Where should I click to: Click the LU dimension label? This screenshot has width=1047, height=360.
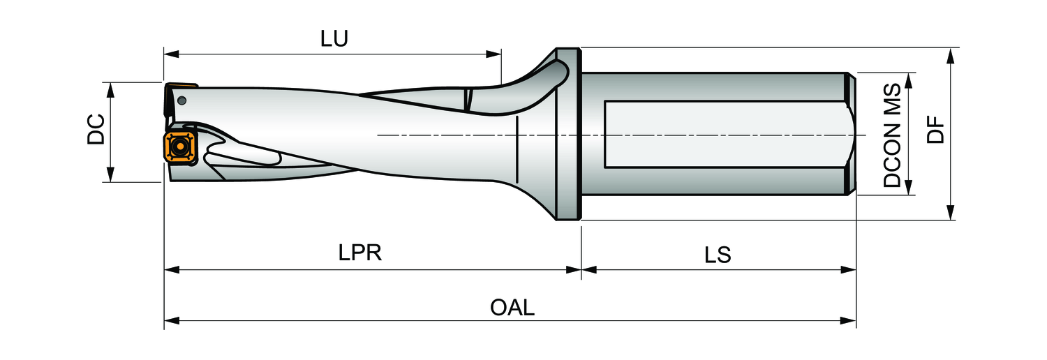coord(334,39)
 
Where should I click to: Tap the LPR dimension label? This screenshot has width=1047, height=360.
coord(360,253)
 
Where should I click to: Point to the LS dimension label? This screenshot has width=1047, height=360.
coord(718,255)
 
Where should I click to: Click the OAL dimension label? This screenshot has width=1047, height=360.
coord(512,307)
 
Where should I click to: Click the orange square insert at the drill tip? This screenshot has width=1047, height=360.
coord(179,147)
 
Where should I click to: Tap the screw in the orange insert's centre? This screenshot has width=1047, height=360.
coord(179,147)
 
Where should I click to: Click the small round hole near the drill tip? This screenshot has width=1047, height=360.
coord(182,100)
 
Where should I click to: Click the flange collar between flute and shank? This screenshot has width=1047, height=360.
coord(567,134)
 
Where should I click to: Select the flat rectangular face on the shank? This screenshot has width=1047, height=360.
coord(726,134)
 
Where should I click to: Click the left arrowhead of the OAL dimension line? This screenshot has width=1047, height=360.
coord(168,321)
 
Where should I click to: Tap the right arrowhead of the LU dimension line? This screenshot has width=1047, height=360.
coord(497,53)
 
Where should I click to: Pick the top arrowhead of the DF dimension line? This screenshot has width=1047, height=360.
coord(950,52)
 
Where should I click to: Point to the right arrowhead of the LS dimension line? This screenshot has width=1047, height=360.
coord(852,269)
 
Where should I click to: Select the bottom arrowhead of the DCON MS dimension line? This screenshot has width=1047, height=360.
coord(909,190)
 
